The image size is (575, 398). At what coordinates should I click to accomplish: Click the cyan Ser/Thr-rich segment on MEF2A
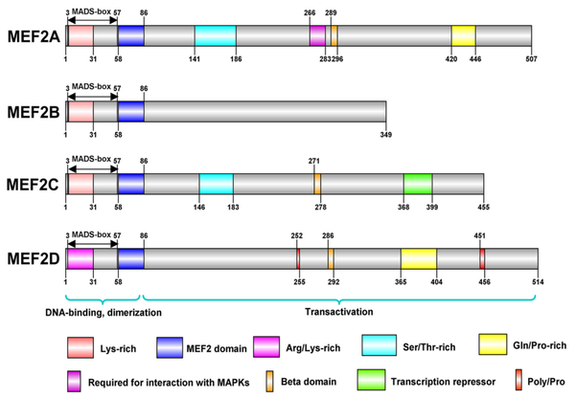pyautogui.click(x=215, y=35)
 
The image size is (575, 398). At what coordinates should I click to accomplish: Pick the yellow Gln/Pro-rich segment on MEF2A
pyautogui.click(x=463, y=35)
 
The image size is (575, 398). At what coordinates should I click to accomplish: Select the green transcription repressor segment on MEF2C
pyautogui.click(x=417, y=184)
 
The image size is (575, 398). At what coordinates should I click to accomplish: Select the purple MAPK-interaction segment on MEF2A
pyautogui.click(x=317, y=35)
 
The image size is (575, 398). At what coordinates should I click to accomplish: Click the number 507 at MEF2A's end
pyautogui.click(x=530, y=56)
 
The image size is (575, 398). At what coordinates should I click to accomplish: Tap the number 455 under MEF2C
pyautogui.click(x=483, y=206)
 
